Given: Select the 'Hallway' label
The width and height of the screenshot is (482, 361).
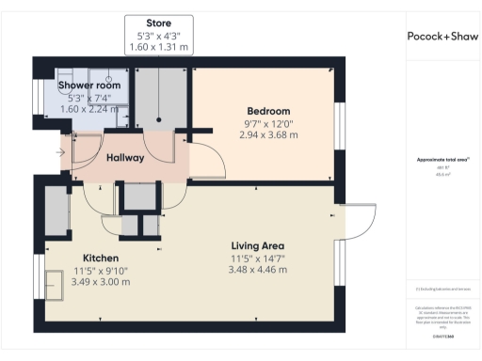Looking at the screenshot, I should pyautogui.click(x=125, y=157).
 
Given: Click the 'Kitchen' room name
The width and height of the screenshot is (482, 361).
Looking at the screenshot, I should pyautogui.click(x=100, y=257).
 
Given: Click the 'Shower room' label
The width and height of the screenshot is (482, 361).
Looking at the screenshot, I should pyautogui.click(x=88, y=86).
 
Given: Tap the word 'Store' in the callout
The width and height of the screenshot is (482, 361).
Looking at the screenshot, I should pyautogui.click(x=158, y=23).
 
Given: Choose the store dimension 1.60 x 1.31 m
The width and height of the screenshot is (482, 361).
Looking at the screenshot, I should pyautogui.click(x=158, y=47).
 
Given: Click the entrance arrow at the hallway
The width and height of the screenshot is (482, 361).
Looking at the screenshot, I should pyautogui.click(x=61, y=152).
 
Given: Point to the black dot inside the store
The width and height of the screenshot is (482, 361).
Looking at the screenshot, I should pyautogui.click(x=158, y=119).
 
